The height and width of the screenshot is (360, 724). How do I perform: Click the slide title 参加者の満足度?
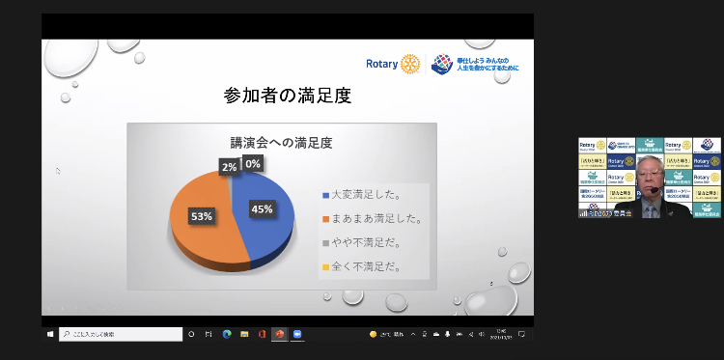pyautogui.click(x=287, y=96)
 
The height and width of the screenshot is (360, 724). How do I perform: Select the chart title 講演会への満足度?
pyautogui.click(x=281, y=142)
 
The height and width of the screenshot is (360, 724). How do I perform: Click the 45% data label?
pyautogui.click(x=262, y=208)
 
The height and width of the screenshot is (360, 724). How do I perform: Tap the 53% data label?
pyautogui.click(x=201, y=216)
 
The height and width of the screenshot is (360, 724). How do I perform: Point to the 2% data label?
pyautogui.click(x=229, y=166)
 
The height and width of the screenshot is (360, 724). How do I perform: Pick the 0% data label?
pyautogui.click(x=252, y=164)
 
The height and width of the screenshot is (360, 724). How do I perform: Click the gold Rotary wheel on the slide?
pyautogui.click(x=411, y=64)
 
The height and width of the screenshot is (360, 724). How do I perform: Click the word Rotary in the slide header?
pyautogui.click(x=382, y=65)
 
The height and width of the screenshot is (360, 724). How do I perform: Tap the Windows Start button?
pyautogui.click(x=50, y=334)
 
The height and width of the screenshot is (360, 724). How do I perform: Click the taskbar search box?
pyautogui.click(x=121, y=334)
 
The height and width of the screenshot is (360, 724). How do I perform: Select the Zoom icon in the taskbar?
pyautogui.click(x=299, y=334)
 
